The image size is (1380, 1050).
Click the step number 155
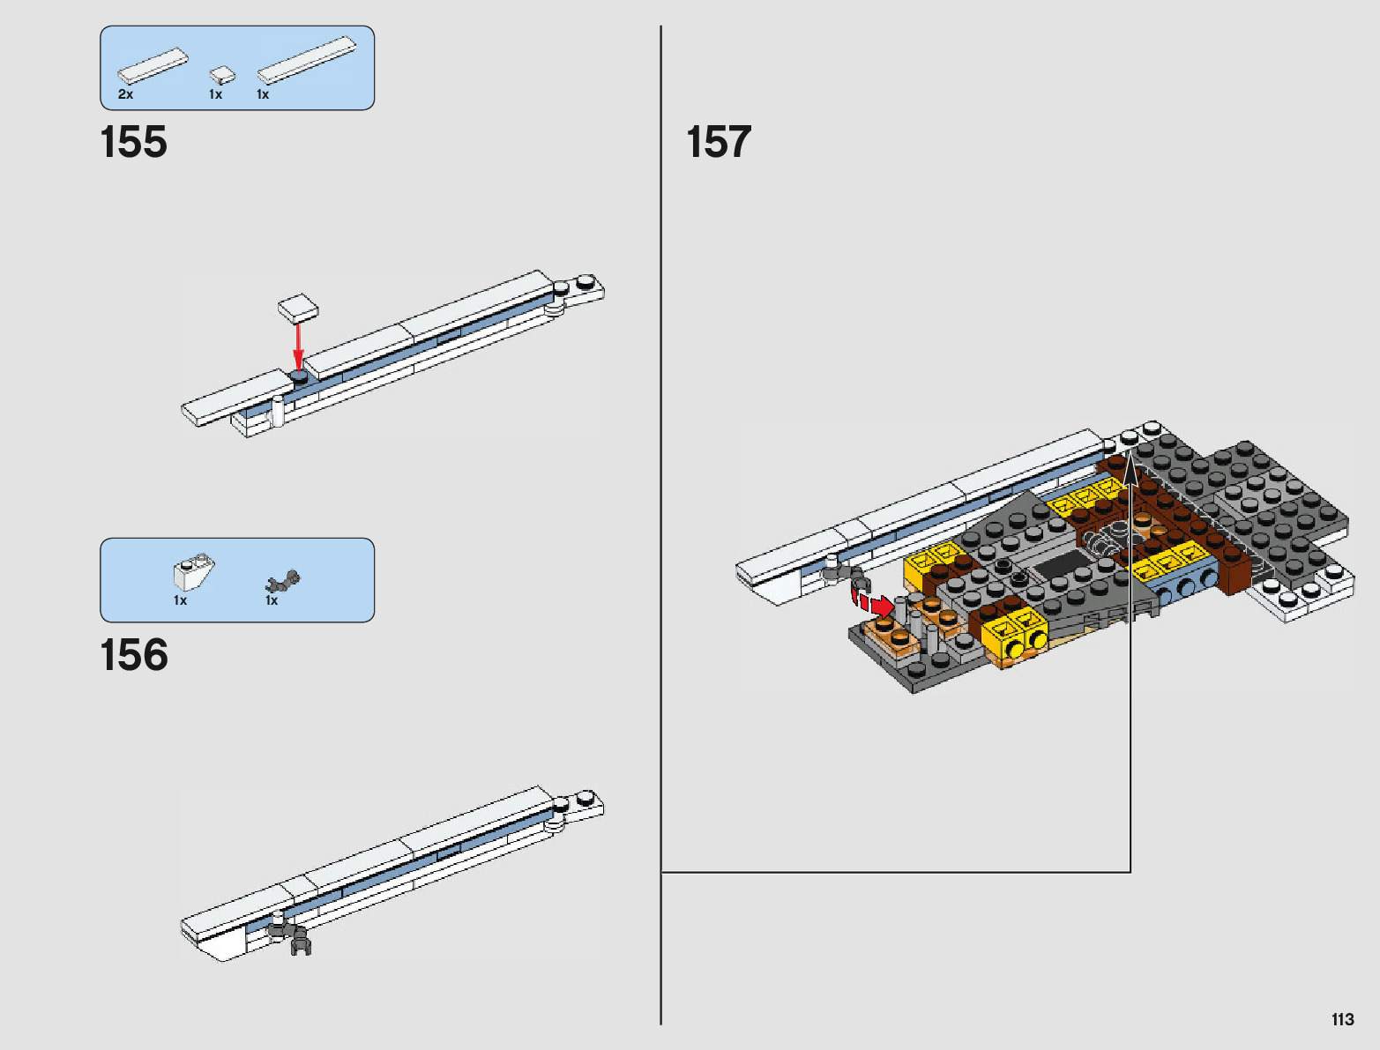(134, 142)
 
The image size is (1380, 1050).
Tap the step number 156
(134, 655)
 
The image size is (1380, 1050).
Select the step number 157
(719, 142)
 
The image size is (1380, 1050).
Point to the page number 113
(1342, 1020)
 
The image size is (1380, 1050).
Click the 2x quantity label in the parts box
(125, 94)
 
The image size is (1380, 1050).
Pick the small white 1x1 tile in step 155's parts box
(222, 75)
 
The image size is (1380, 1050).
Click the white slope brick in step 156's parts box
(194, 573)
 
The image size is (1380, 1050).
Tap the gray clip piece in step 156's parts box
(284, 581)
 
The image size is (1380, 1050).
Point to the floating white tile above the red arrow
(298, 307)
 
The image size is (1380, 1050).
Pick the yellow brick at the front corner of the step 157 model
(1014, 637)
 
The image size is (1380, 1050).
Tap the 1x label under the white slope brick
(180, 600)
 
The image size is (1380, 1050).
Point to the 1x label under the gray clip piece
(272, 600)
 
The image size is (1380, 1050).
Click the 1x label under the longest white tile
(263, 94)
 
